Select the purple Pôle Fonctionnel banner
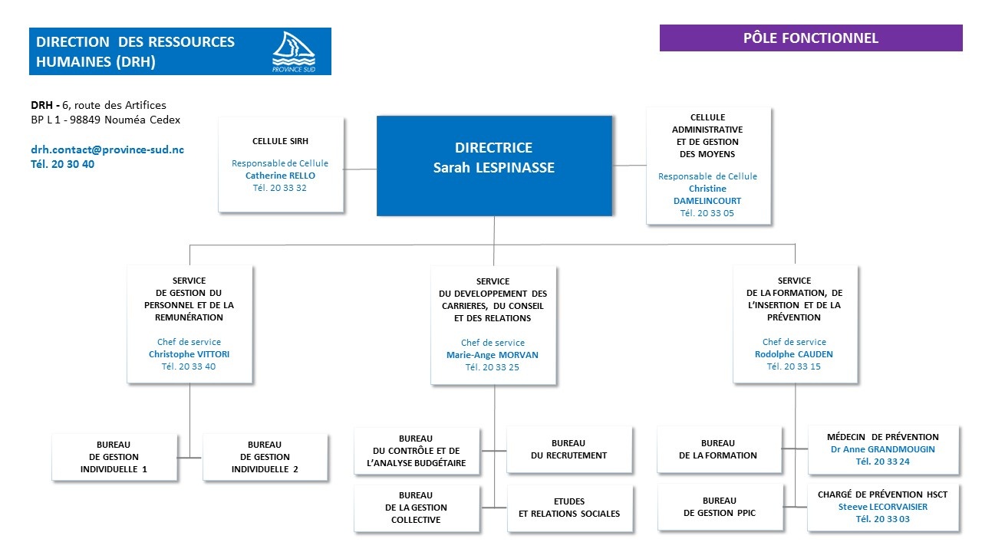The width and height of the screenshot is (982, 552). tap(811, 38)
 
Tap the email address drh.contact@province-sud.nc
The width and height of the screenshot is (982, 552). tap(107, 149)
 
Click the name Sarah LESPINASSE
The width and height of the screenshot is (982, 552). tap(493, 168)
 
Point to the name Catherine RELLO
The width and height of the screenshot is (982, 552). tap(280, 176)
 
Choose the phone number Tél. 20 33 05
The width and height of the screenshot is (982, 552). tap(707, 213)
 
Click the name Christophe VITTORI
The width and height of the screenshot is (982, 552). tap(189, 354)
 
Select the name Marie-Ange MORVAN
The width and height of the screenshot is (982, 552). tap(493, 355)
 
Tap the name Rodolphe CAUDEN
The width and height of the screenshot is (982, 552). tap(794, 354)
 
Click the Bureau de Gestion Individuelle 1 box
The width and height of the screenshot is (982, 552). tap(114, 457)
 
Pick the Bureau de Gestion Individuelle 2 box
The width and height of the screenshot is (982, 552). tap(265, 457)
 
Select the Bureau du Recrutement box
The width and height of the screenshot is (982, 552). tap(568, 449)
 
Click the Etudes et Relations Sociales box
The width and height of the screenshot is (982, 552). tap(569, 508)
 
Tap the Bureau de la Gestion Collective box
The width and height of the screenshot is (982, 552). tap(417, 508)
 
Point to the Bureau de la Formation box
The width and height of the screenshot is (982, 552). tap(718, 449)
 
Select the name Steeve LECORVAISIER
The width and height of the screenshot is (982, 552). tap(882, 507)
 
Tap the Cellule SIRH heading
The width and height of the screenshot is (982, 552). tap(280, 141)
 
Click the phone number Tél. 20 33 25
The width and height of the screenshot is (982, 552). tap(493, 367)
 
